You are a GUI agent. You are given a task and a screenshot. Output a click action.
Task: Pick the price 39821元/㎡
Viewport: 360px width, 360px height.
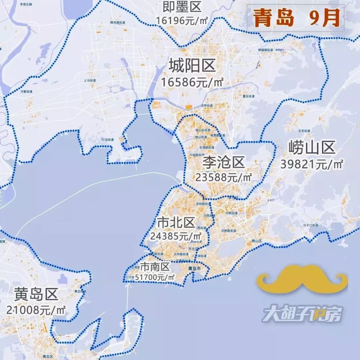(x=312, y=164)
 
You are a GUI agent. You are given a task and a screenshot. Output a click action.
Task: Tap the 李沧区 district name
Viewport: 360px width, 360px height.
(x=223, y=163)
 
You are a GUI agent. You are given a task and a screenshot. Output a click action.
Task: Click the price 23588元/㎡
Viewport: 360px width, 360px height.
(x=223, y=177)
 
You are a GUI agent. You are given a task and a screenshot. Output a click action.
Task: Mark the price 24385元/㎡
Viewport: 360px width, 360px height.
(x=175, y=236)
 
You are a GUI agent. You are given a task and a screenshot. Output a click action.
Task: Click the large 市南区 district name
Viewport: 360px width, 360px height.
(x=155, y=267)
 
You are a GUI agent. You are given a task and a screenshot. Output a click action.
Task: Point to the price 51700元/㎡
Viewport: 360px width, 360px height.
(x=157, y=277)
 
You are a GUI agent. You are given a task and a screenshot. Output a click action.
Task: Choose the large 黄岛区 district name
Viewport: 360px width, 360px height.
(x=36, y=294)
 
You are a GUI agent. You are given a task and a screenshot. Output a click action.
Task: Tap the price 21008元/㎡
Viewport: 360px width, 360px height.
(x=36, y=310)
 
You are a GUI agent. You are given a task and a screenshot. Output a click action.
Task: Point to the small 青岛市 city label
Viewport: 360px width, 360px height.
(x=194, y=268)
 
